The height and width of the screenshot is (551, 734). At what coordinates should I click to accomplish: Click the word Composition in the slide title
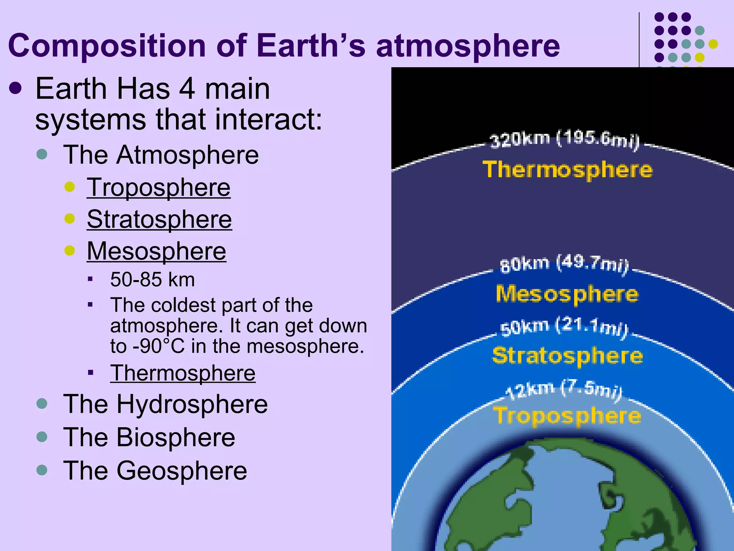(x=107, y=46)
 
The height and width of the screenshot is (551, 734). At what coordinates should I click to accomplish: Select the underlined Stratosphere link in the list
(x=159, y=219)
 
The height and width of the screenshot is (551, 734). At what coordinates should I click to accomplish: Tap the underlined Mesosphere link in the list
(x=156, y=251)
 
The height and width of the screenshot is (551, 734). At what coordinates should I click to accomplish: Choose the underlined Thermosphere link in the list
(x=183, y=373)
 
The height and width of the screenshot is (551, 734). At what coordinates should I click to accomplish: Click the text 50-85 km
(x=152, y=279)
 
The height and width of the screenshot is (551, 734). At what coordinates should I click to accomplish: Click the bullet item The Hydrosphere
(x=165, y=404)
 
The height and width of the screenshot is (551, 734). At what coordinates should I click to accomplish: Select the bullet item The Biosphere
(x=149, y=437)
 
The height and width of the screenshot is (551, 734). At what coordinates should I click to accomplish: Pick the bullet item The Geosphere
(x=155, y=471)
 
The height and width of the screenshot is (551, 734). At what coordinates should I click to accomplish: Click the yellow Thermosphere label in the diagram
(x=567, y=170)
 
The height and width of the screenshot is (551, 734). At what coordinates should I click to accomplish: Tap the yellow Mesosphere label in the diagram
(x=567, y=294)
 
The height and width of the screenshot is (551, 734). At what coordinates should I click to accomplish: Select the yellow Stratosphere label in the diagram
(x=567, y=355)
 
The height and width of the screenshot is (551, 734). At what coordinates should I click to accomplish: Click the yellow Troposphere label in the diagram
(x=567, y=416)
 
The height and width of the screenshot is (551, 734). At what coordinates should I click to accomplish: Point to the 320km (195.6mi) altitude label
(x=564, y=140)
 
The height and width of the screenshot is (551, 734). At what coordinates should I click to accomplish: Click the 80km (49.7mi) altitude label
(x=564, y=264)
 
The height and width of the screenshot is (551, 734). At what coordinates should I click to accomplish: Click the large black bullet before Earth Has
(x=15, y=89)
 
